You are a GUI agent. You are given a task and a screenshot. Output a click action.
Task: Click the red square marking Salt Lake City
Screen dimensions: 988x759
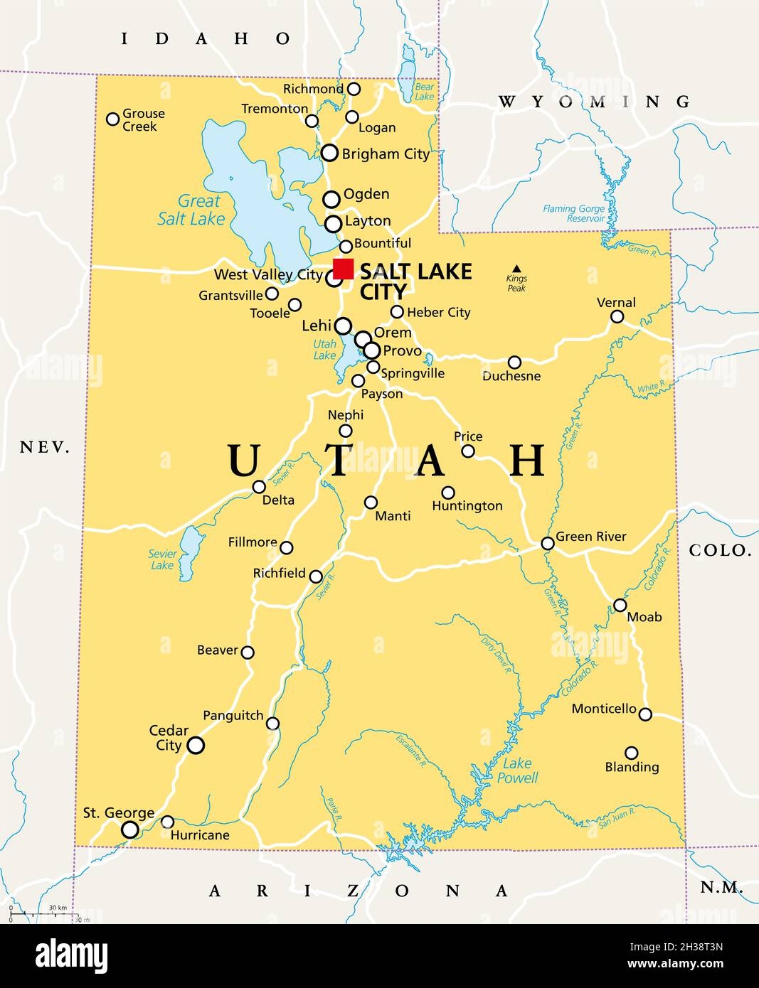[343, 269]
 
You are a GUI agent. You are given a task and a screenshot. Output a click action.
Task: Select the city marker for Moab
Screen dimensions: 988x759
[620, 606]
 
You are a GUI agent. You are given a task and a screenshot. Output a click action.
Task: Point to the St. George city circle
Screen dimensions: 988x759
[129, 829]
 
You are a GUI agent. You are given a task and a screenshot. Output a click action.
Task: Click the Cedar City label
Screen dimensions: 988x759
[169, 738]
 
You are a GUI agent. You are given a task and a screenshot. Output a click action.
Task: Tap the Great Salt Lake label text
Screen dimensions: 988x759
[192, 210]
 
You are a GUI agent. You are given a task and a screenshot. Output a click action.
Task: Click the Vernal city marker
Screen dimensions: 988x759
[617, 317]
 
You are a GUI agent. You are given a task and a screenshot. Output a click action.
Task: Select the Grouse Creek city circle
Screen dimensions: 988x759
[112, 119]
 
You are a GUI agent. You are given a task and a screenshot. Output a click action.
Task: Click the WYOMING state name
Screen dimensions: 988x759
[594, 102]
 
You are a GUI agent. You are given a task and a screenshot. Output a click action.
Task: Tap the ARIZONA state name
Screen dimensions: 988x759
[359, 891]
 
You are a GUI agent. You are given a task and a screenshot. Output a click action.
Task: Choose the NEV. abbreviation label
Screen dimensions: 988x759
[45, 447]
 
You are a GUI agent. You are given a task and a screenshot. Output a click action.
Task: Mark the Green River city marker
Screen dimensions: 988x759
[547, 544]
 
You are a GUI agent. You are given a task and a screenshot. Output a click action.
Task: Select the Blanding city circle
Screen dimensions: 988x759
[631, 753]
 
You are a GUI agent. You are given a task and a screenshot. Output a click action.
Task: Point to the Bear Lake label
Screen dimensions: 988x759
[424, 92]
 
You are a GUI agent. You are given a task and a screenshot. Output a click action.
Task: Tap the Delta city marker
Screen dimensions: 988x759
[260, 487]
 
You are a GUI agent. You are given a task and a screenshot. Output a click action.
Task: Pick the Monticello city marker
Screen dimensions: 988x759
[645, 714]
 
